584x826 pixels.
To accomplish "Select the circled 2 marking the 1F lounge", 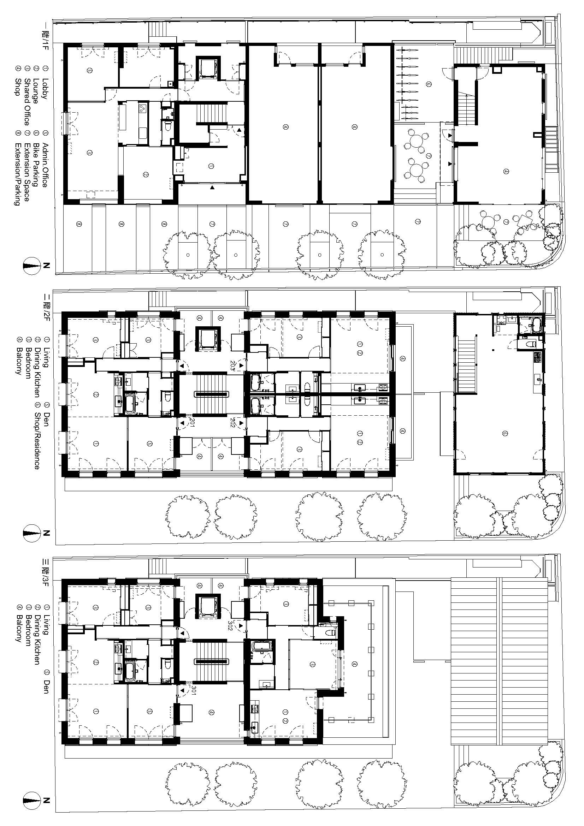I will point(146,175).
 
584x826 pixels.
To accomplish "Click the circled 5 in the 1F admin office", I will point(90,71).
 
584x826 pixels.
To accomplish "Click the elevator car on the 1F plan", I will point(207,67).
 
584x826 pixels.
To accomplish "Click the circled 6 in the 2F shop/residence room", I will point(505,434).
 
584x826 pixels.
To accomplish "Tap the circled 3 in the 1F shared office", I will point(89,153).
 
